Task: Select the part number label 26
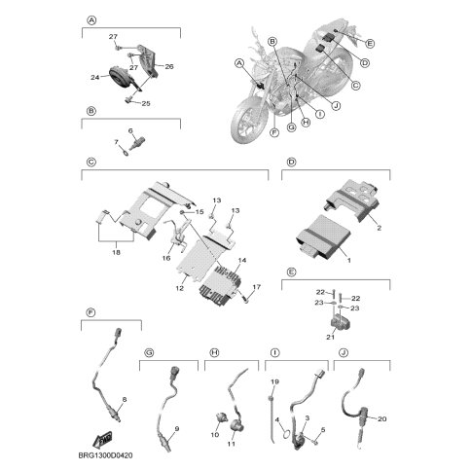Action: point(169,66)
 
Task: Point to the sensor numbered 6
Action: point(137,144)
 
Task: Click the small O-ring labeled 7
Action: point(125,150)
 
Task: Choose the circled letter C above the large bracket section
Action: point(91,162)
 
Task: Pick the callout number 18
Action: point(116,252)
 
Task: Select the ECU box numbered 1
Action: point(323,239)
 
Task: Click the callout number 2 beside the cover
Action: point(379,228)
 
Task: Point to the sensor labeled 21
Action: point(339,323)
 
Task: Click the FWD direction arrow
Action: point(102,439)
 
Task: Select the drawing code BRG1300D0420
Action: point(106,455)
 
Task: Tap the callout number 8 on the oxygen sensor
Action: point(124,400)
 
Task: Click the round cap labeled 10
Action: point(221,417)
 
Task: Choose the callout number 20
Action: point(382,418)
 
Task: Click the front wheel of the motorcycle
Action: point(247,121)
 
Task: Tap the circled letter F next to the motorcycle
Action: point(274,132)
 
